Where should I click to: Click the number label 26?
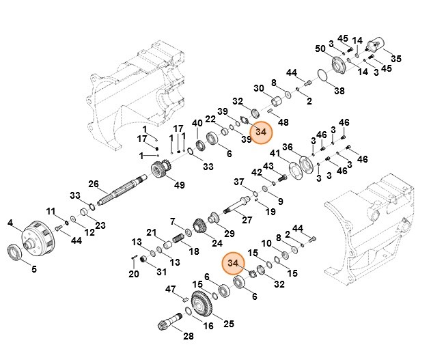click(x=94, y=183)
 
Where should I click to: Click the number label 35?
click(x=395, y=58)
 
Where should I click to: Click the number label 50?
click(x=320, y=49)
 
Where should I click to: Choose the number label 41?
click(x=275, y=154)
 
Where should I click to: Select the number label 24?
click(x=217, y=243)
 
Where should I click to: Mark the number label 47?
click(x=171, y=289)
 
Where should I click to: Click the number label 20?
click(x=134, y=274)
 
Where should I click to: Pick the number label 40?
click(x=197, y=124)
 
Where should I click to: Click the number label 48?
click(x=283, y=122)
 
